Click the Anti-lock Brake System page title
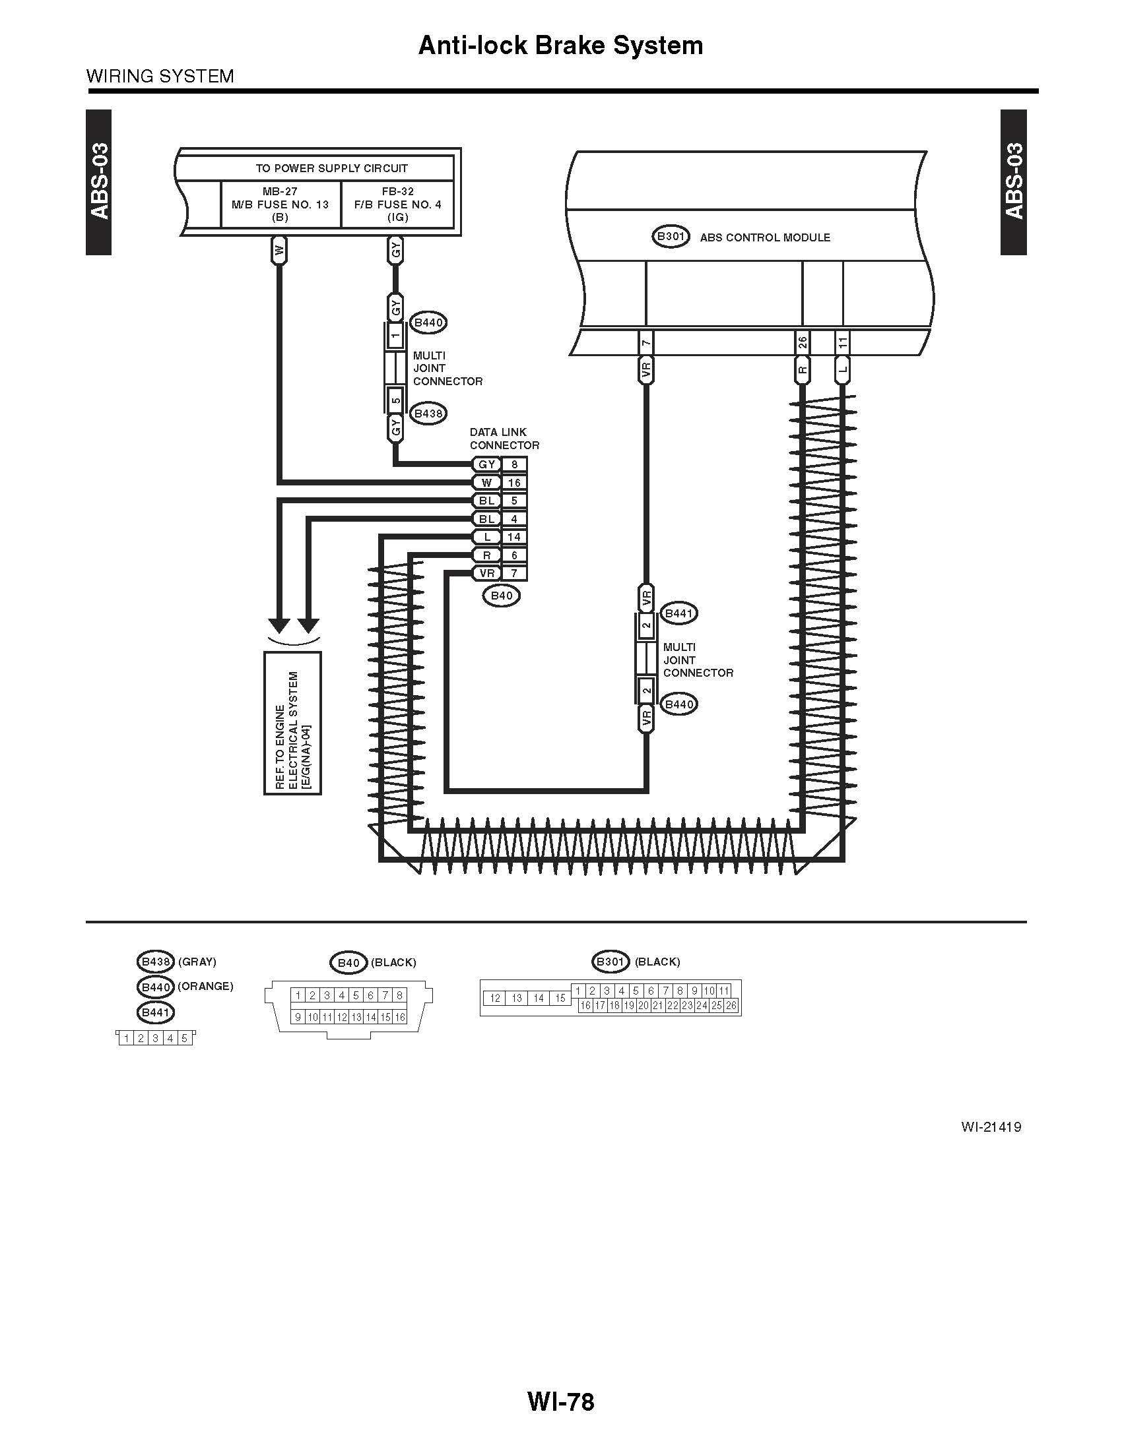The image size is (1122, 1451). pyautogui.click(x=560, y=45)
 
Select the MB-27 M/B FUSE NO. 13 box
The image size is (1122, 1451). pyautogui.click(x=280, y=204)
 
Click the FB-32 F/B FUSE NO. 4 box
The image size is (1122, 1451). pyautogui.click(x=397, y=204)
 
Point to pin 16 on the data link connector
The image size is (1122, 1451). pyautogui.click(x=513, y=482)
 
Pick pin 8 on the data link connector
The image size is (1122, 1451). pyautogui.click(x=513, y=464)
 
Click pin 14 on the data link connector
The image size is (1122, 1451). pyautogui.click(x=513, y=537)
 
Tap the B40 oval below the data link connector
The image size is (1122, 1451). pyautogui.click(x=501, y=596)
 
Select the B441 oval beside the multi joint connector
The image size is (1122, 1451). pyautogui.click(x=678, y=613)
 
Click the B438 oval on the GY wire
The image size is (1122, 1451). pyautogui.click(x=428, y=414)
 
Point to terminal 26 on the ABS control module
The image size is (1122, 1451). pyautogui.click(x=803, y=343)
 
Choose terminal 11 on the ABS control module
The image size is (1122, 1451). pyautogui.click(x=843, y=343)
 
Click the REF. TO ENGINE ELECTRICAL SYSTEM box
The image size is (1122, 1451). pyautogui.click(x=292, y=723)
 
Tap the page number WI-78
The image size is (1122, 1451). pyautogui.click(x=560, y=1402)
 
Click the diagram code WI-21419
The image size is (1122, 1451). pyautogui.click(x=991, y=1127)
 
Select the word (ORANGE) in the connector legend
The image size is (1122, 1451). pyautogui.click(x=205, y=986)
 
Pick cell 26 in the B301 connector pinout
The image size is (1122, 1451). pyautogui.click(x=731, y=1005)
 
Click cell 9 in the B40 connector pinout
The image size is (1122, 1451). pyautogui.click(x=298, y=1016)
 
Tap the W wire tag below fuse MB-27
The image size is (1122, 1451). pyautogui.click(x=280, y=251)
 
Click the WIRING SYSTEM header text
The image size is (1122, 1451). pyautogui.click(x=160, y=77)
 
